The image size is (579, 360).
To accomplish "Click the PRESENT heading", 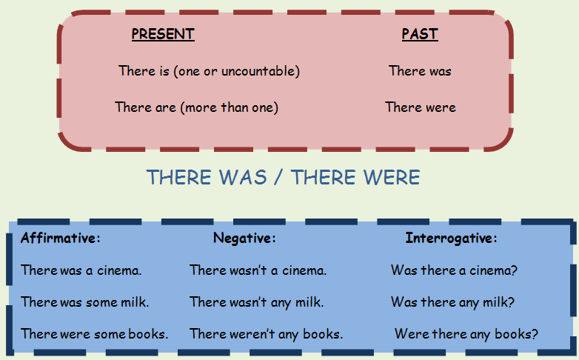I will point(163,34).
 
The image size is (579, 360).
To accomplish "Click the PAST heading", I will point(420,34).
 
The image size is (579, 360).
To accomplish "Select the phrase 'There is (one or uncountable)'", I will point(209,71).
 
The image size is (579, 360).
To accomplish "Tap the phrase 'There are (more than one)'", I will point(197,107).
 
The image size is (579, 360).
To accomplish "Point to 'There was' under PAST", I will point(420,71).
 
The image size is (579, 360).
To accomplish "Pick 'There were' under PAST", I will point(421,107).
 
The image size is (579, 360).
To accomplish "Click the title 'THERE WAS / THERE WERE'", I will point(284,178).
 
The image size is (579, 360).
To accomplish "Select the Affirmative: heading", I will point(61,239).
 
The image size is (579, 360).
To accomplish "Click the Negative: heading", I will point(244,239).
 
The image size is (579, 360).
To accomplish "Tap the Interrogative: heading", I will point(452,239).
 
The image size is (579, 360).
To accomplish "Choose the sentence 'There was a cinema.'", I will point(81,270).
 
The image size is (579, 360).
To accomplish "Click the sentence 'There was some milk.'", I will point(85,302).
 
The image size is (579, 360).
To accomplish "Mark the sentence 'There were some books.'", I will point(95,334).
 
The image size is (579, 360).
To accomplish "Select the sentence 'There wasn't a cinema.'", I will point(258,270).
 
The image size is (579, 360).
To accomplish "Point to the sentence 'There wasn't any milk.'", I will point(257,302).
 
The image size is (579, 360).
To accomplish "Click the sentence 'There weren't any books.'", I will point(267,334).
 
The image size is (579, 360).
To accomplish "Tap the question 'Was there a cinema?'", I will point(454,270).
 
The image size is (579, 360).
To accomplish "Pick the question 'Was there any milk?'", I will point(453,302).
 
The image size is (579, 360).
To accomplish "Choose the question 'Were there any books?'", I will point(466,334).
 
